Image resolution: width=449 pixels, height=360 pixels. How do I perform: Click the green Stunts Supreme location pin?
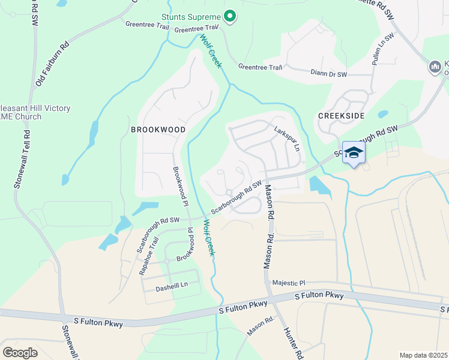229,17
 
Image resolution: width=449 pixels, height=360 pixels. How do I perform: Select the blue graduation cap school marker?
354,153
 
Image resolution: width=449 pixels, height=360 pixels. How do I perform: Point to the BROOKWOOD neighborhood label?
158,129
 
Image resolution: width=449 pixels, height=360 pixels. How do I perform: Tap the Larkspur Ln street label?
286,139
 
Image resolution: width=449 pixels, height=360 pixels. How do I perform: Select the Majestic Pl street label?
289,283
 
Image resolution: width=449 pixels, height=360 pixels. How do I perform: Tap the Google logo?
20,352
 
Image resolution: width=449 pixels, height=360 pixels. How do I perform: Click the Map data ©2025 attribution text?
423,355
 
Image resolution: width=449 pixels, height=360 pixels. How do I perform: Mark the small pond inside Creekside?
382,113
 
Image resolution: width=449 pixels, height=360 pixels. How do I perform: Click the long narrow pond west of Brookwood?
93,135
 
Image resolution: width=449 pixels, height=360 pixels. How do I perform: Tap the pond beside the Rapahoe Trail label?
110,241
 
